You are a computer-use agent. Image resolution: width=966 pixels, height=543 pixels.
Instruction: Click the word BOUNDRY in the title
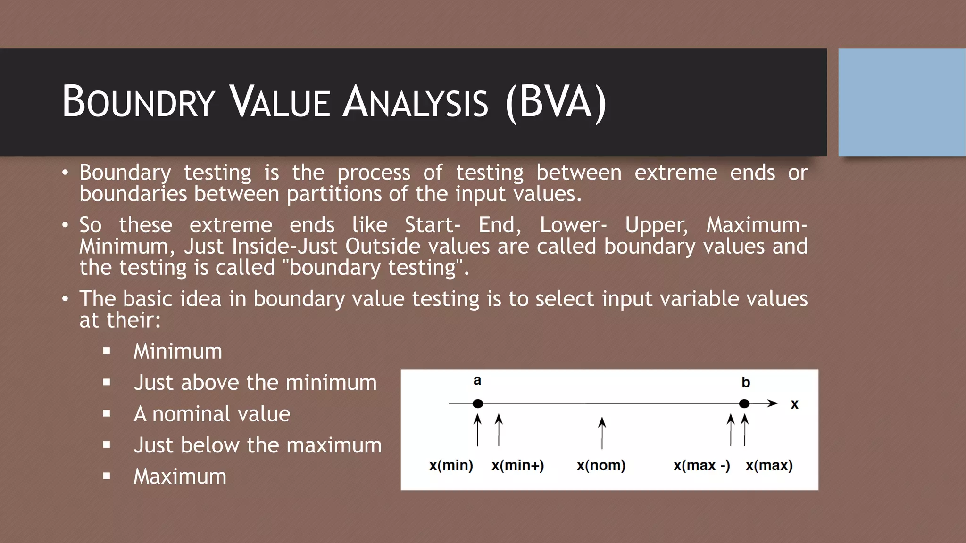(139, 102)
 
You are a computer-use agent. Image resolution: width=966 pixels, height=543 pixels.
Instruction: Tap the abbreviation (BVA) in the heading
(555, 102)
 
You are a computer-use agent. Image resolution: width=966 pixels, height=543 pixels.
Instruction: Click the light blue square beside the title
(901, 102)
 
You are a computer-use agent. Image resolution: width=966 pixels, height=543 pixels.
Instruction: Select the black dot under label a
(477, 403)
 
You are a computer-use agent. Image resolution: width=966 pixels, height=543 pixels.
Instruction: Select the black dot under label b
(744, 403)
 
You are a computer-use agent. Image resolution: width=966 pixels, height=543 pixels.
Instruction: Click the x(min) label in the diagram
(451, 465)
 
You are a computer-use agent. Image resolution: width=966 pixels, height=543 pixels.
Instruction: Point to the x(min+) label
(517, 465)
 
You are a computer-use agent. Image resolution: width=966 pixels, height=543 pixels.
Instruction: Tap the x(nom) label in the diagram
(601, 465)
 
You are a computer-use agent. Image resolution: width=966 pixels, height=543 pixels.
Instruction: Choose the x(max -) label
(701, 465)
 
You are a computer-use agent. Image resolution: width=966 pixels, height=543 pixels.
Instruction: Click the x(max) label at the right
(769, 465)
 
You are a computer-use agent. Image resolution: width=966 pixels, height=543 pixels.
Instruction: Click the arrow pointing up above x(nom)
(602, 432)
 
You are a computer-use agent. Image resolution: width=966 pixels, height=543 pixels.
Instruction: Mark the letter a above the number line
(477, 380)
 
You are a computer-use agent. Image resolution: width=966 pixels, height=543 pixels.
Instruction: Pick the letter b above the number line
(745, 382)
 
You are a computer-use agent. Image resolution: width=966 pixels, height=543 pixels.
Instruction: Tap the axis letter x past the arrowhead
(794, 404)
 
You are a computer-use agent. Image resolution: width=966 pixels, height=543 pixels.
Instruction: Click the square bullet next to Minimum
(107, 351)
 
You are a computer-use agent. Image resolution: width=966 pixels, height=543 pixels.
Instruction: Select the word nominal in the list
(192, 414)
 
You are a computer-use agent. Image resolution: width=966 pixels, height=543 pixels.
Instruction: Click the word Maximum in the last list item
(180, 476)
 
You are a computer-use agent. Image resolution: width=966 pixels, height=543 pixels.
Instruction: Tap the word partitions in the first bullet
(334, 194)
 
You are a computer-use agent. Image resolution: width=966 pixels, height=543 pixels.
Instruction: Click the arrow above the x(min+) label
(499, 430)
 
